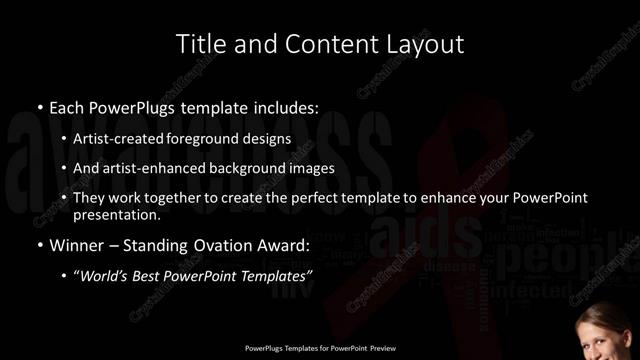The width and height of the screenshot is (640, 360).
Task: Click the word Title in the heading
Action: pyautogui.click(x=199, y=44)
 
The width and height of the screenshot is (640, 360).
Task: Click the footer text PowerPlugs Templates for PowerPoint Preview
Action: pyautogui.click(x=319, y=349)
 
